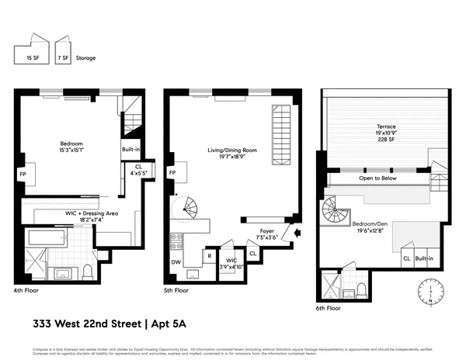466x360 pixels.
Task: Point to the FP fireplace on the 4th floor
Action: [x=23, y=175]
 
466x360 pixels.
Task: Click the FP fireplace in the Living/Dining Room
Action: [x=172, y=173]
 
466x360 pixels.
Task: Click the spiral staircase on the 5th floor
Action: [x=190, y=209]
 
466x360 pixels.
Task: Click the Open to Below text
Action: [x=379, y=178]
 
